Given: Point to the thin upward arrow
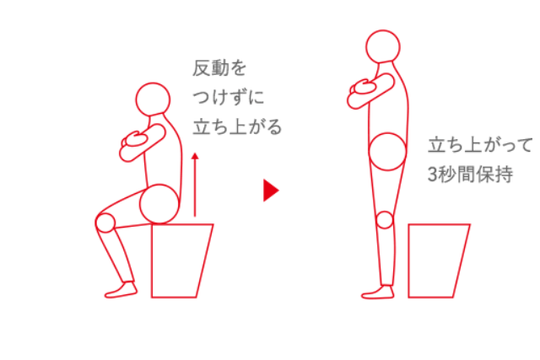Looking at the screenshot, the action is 195,185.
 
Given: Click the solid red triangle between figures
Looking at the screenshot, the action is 271,190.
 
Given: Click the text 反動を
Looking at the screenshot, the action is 219,67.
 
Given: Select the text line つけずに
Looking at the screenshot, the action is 229,97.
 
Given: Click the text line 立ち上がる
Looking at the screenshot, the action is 237,126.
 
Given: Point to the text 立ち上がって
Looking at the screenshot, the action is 480,145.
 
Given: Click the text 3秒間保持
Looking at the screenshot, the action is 471,175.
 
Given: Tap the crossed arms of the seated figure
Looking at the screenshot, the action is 143,142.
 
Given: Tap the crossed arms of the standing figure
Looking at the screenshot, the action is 370,91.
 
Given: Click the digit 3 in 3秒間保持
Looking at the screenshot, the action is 432,175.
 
